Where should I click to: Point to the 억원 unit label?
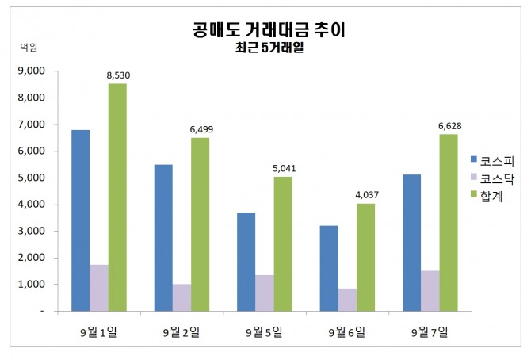click(x=28, y=48)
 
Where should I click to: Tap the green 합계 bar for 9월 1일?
click(x=117, y=197)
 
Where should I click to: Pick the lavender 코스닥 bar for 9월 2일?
click(x=181, y=297)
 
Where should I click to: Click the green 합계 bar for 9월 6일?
click(x=365, y=257)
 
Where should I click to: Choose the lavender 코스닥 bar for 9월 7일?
click(x=430, y=290)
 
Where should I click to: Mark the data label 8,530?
click(x=118, y=75)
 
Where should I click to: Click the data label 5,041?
click(x=284, y=168)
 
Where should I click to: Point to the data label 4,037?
click(x=365, y=195)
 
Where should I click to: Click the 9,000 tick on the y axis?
click(x=32, y=71)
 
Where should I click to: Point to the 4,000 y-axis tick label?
click(x=32, y=205)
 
